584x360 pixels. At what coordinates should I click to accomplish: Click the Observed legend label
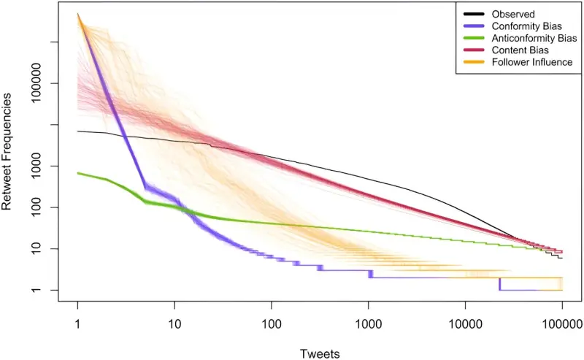tap(513, 14)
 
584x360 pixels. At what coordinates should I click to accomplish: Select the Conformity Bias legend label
tap(526, 26)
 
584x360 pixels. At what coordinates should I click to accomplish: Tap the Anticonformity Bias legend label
tap(534, 38)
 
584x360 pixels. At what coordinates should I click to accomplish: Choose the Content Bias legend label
tap(520, 50)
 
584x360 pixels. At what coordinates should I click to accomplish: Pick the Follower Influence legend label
tap(532, 62)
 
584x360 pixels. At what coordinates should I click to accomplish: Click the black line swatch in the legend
tap(474, 14)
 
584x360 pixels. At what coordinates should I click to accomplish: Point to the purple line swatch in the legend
tap(474, 26)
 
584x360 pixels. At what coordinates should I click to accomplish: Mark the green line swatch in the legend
tap(474, 38)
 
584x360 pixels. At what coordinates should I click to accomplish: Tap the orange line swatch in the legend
tap(474, 62)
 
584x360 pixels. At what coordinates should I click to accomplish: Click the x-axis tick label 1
tap(77, 323)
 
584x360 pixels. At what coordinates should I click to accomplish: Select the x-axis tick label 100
tap(271, 323)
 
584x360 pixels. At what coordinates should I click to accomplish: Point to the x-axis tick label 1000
tap(368, 323)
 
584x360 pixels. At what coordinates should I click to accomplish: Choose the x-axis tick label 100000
tap(562, 323)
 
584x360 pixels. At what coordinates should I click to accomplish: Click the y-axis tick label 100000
tap(36, 83)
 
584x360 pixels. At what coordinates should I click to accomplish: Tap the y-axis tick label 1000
tap(36, 166)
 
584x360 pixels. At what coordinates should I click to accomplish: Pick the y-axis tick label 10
tap(36, 248)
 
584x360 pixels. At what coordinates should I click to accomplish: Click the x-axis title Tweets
tap(320, 353)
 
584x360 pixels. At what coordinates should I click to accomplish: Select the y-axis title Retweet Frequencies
tap(7, 152)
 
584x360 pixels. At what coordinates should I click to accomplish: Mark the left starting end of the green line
tap(77, 173)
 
